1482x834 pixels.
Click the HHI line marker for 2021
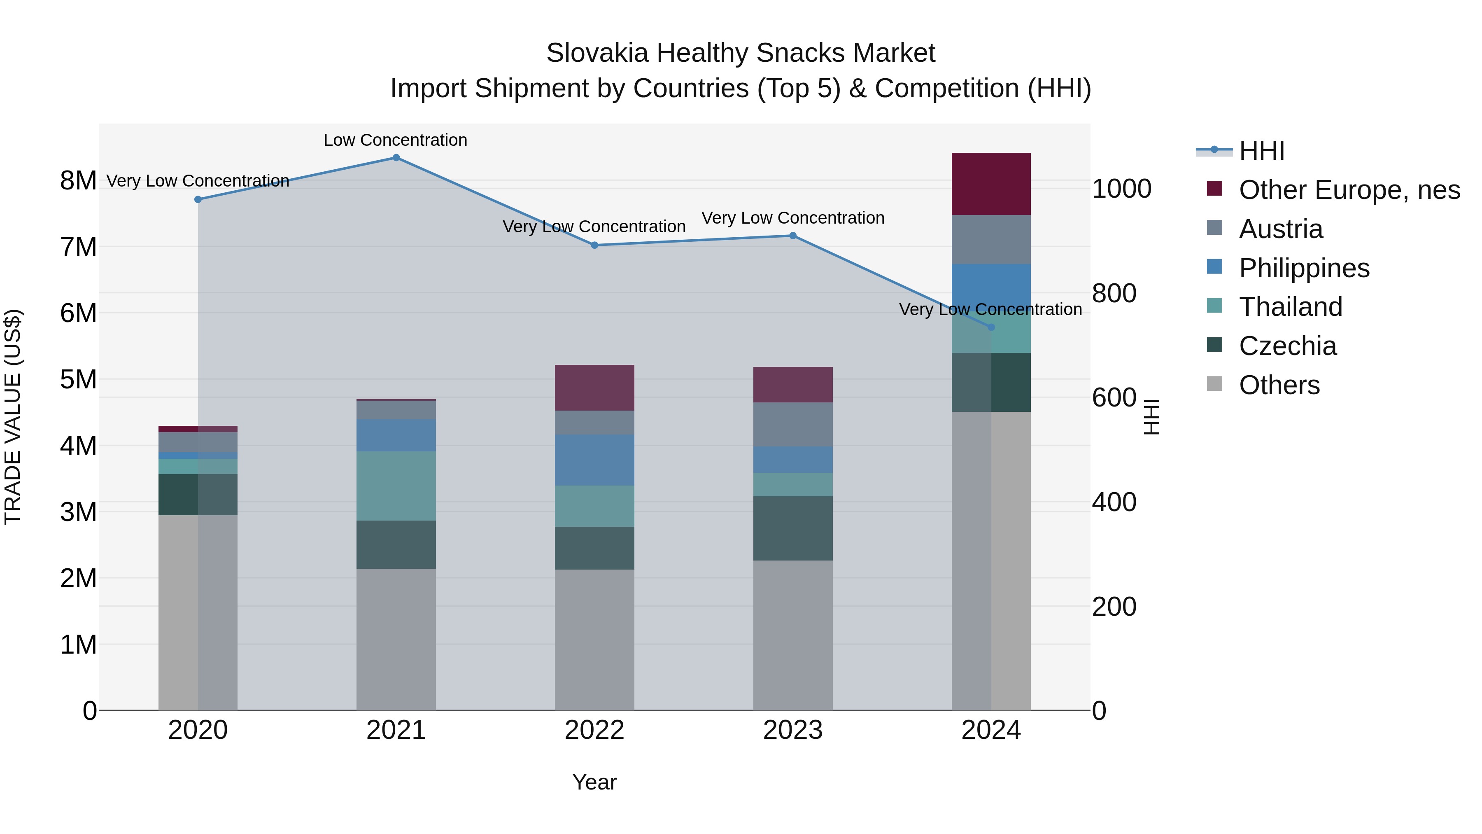[396, 158]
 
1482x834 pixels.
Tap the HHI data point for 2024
[991, 327]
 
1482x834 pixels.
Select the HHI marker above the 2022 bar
[594, 245]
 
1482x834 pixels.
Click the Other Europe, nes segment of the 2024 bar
[991, 184]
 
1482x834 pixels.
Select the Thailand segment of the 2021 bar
[396, 486]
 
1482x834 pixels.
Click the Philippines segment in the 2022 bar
[594, 460]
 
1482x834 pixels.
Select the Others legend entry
[1279, 385]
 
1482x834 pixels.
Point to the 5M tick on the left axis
[78, 380]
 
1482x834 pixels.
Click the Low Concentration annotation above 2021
[395, 140]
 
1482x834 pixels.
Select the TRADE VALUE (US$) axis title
[13, 417]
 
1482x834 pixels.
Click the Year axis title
[594, 782]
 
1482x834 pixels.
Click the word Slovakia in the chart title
[598, 53]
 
